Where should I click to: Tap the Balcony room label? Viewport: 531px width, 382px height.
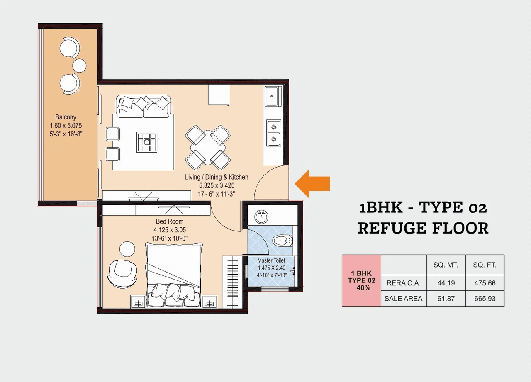tap(66, 117)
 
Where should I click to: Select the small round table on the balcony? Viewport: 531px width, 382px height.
tap(79, 66)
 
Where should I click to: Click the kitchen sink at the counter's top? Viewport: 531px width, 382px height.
tap(273, 96)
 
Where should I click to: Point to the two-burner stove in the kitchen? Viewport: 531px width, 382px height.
tap(273, 133)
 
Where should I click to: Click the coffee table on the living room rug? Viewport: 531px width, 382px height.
tap(147, 142)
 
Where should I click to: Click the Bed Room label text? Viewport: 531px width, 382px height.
tap(169, 221)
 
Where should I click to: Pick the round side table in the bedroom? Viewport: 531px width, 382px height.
tap(127, 249)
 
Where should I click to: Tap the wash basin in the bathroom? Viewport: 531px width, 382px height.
tap(261, 216)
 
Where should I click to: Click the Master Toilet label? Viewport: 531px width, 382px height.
tap(271, 260)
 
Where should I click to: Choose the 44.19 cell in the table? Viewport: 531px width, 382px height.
tap(446, 283)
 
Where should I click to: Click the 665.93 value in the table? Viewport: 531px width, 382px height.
tap(485, 298)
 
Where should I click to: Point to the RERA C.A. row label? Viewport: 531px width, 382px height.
tap(403, 283)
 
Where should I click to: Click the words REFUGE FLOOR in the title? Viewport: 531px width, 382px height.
tap(423, 228)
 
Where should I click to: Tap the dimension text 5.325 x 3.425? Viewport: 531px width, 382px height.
tap(217, 185)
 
